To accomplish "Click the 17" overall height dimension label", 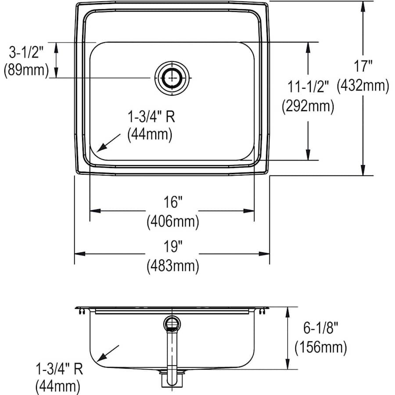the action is click(363, 66).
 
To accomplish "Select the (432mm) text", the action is click(363, 86).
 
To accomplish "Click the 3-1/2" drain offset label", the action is click(26, 53).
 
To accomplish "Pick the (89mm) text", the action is click(26, 70).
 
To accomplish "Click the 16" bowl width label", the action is click(173, 202).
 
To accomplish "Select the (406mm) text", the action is click(173, 222).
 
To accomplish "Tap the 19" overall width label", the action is click(173, 246).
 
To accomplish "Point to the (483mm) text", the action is click(173, 266).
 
